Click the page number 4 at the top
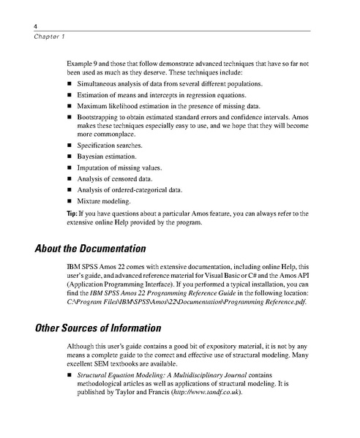click(x=36, y=25)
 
